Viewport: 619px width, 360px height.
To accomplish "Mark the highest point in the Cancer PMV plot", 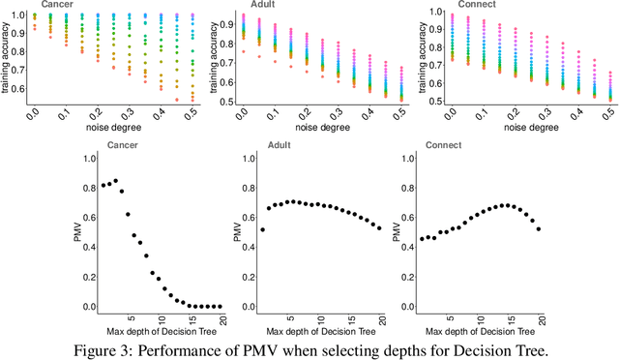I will click(x=115, y=180).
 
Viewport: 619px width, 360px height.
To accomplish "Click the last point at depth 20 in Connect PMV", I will click(x=539, y=228).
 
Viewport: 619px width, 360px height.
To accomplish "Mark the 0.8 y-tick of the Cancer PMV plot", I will click(x=91, y=186).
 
